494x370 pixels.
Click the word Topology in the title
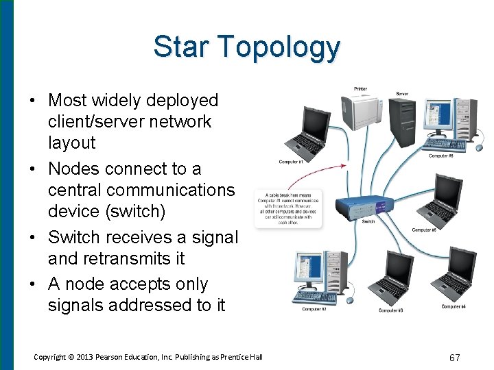(x=282, y=48)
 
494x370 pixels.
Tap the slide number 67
(x=454, y=357)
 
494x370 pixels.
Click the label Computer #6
(x=441, y=156)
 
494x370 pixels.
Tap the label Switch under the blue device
(x=368, y=221)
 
